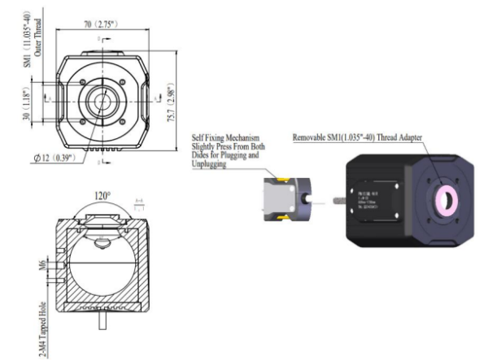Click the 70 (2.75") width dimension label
coord(101,25)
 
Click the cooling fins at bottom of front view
coord(102,150)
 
